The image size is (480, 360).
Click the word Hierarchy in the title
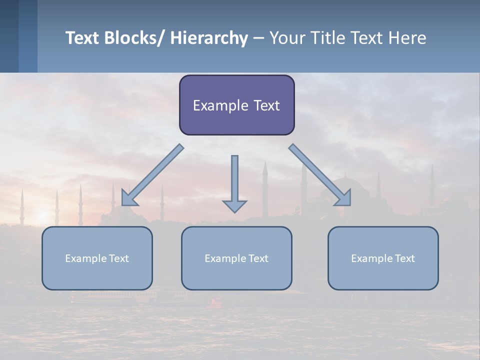pos(209,38)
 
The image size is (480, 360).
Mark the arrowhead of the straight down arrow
pos(234,206)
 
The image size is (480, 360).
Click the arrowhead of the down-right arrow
pos(343,198)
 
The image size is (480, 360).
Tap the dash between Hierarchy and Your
pos(258,38)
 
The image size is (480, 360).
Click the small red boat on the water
pos(216,302)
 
